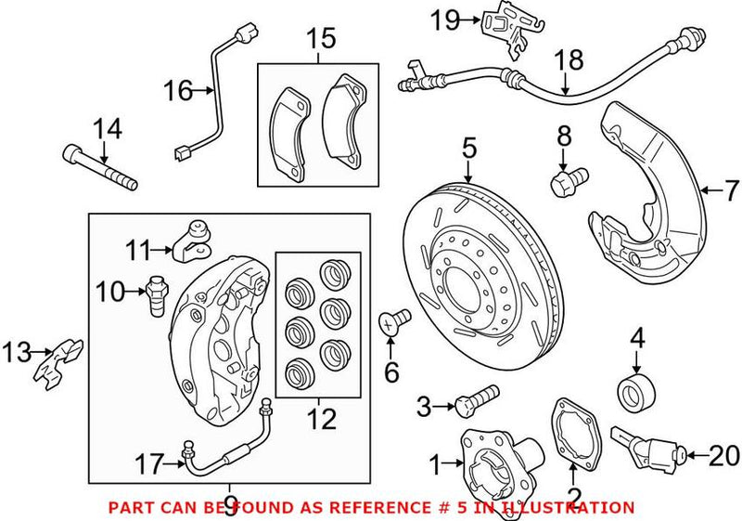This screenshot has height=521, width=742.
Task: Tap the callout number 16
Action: click(x=178, y=90)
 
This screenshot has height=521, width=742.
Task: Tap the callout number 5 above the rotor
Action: click(x=469, y=148)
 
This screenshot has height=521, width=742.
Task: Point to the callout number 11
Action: click(x=138, y=250)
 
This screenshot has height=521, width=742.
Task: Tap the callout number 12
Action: click(x=321, y=421)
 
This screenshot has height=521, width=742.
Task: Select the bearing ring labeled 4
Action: click(x=636, y=391)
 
